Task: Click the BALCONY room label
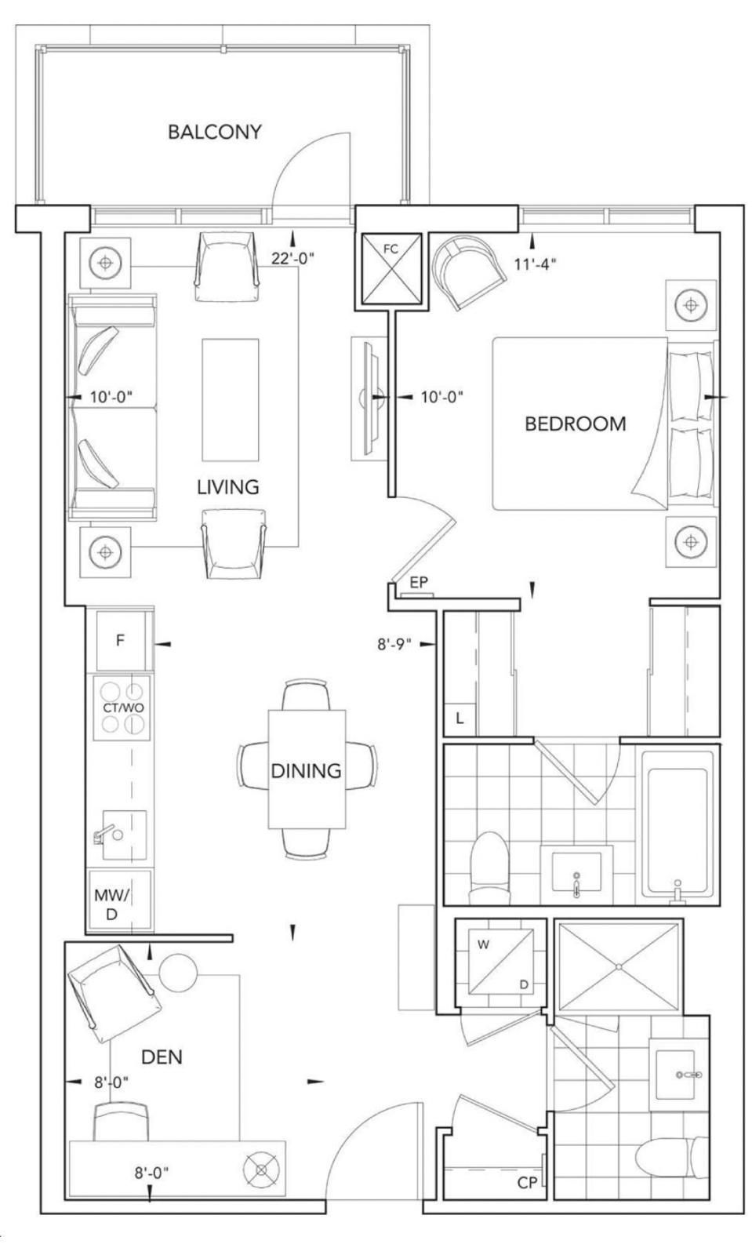pyautogui.click(x=215, y=132)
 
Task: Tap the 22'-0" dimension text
pyautogui.click(x=292, y=258)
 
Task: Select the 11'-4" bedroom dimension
pyautogui.click(x=536, y=264)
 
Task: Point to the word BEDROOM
pyautogui.click(x=576, y=424)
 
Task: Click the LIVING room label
pyautogui.click(x=228, y=487)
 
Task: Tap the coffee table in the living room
pyautogui.click(x=231, y=399)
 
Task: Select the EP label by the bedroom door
pyautogui.click(x=419, y=582)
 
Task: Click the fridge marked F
pyautogui.click(x=122, y=640)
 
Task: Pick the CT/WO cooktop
pyautogui.click(x=122, y=708)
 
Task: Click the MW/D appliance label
pyautogui.click(x=112, y=904)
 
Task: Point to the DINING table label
pyautogui.click(x=307, y=771)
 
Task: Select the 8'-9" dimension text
pyautogui.click(x=394, y=644)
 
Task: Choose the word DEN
pyautogui.click(x=162, y=1057)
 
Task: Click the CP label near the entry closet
pyautogui.click(x=527, y=1183)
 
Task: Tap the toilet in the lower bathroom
pyautogui.click(x=672, y=1155)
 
